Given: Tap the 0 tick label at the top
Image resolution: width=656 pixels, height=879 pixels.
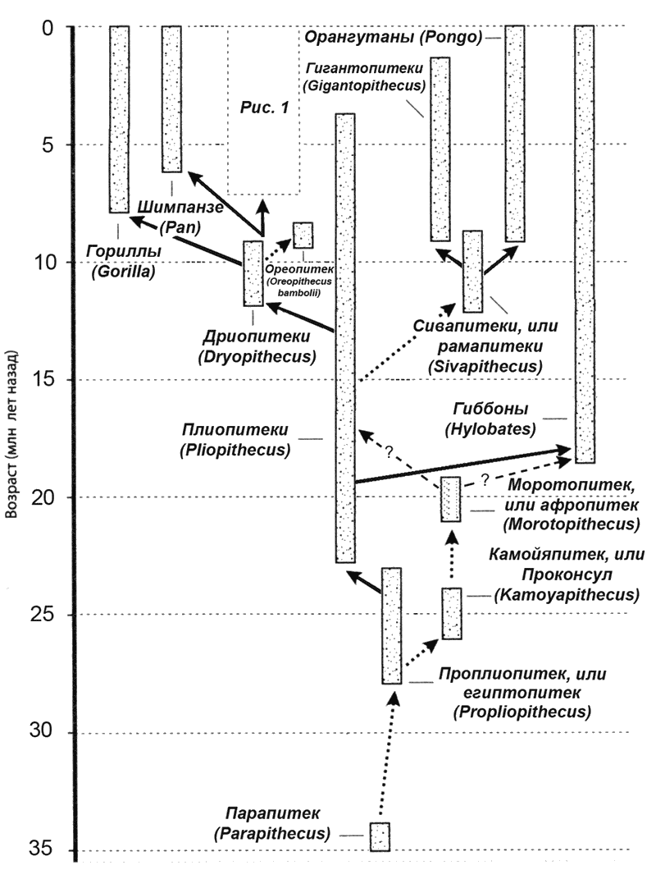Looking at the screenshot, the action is click(x=48, y=27).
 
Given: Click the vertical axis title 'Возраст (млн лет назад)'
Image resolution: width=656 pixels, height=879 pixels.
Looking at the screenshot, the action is click(x=12, y=435).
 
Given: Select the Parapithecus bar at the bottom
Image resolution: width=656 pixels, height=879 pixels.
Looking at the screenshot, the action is click(x=380, y=837).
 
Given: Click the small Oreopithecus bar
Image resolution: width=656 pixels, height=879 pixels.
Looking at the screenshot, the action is click(x=303, y=236).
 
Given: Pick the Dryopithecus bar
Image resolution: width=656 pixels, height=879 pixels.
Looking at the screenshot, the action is click(x=253, y=273).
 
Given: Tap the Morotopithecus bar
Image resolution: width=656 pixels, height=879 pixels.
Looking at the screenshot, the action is click(x=450, y=500).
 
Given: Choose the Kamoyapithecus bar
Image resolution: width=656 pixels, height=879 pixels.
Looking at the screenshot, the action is click(x=452, y=613).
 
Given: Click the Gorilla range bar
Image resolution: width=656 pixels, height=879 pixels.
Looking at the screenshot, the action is click(x=120, y=119).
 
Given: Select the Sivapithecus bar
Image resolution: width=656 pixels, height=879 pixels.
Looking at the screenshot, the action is click(x=472, y=272).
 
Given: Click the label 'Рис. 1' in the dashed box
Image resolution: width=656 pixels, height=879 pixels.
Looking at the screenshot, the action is click(x=264, y=107).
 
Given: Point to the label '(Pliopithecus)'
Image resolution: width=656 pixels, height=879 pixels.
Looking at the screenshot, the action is click(x=235, y=450).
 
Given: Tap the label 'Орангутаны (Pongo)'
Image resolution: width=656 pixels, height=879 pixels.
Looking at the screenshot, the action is click(x=394, y=38).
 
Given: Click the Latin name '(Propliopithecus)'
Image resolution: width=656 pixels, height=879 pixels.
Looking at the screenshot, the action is click(x=522, y=712).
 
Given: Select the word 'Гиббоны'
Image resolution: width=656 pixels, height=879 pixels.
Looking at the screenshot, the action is click(x=490, y=409).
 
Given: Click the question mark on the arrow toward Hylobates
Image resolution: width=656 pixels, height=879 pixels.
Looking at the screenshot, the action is click(x=485, y=480).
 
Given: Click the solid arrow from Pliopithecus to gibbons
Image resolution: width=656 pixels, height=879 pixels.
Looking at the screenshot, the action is click(x=463, y=465).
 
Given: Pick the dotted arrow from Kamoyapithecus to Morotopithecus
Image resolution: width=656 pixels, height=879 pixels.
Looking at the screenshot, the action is click(x=452, y=555).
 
